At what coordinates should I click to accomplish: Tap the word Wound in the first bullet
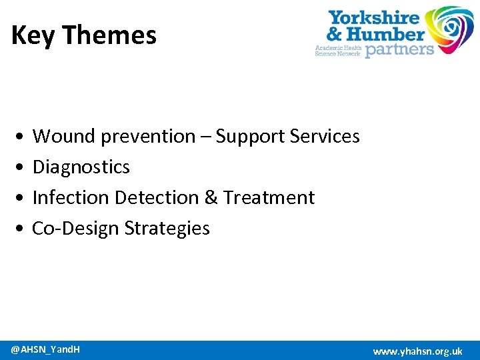pos(64,137)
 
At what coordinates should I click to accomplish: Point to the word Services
pos(325,137)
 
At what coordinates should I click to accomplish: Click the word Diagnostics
pos(81,167)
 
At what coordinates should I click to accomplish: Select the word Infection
pos(71,198)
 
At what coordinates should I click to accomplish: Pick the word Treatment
pos(269,198)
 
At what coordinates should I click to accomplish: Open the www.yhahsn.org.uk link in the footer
pos(417,351)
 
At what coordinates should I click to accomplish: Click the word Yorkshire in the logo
pos(374,18)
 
